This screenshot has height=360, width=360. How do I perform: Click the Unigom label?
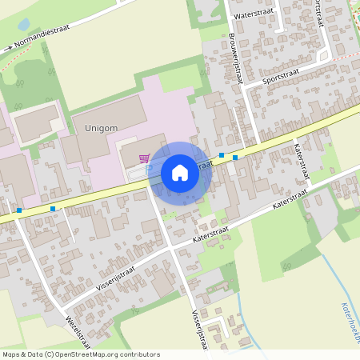click(x=101, y=127)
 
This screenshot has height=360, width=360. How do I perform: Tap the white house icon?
click(x=180, y=173)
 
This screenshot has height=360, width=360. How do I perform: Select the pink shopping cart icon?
click(x=144, y=158)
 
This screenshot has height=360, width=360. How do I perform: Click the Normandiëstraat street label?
click(x=42, y=36)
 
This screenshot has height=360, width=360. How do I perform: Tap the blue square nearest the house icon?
click(x=221, y=155)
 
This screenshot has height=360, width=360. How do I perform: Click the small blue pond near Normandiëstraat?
click(x=23, y=24)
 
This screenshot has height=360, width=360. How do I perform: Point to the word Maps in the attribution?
click(x=11, y=354)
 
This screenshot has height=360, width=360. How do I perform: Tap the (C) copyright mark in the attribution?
click(x=49, y=354)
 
